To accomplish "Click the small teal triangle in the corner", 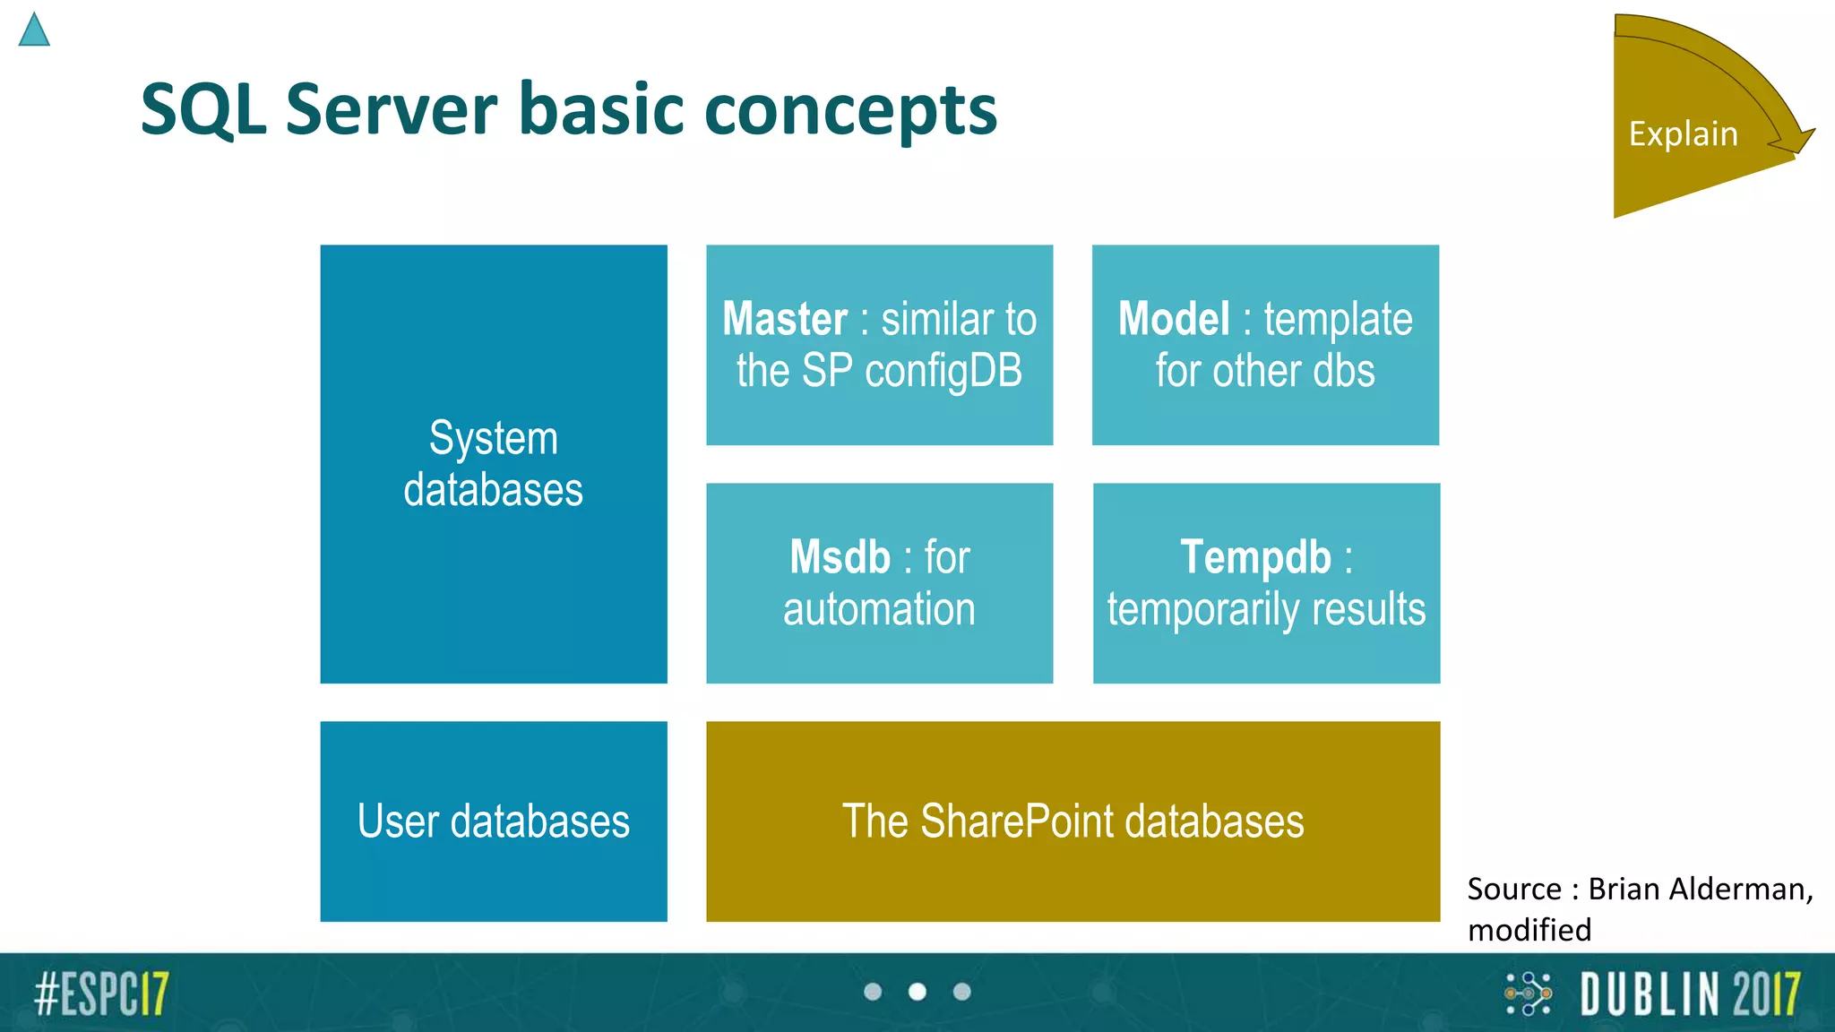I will tap(34, 31).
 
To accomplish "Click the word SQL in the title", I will tap(202, 109).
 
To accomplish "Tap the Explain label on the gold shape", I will tap(1683, 133).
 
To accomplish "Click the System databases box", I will tap(493, 463).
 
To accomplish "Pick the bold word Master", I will tap(785, 319).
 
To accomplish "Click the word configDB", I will tap(943, 371).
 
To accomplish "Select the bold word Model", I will tap(1174, 319).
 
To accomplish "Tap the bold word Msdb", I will tap(840, 557).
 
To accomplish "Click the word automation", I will tap(879, 609).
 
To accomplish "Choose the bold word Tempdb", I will tap(1255, 557).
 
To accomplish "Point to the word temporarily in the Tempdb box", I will tap(1203, 610).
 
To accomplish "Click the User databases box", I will tap(493, 821).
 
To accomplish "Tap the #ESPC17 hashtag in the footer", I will tap(101, 993).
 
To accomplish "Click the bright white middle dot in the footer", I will tap(917, 992).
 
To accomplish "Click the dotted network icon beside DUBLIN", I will tap(1528, 993).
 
